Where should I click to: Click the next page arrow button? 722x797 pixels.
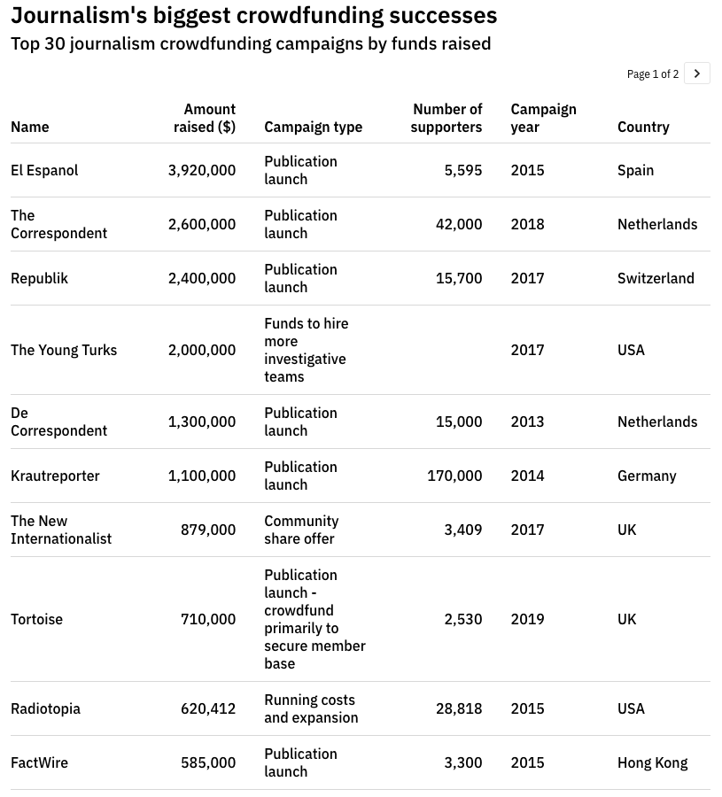(x=697, y=74)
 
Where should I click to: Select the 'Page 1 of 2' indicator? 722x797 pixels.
(x=652, y=74)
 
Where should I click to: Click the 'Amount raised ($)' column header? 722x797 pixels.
(x=205, y=118)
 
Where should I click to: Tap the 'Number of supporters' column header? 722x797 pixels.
(x=446, y=118)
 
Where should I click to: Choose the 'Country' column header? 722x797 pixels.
(x=643, y=127)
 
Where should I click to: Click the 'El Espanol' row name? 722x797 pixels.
(x=44, y=170)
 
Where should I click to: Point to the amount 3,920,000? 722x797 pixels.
(x=202, y=170)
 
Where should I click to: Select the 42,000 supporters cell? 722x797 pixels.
(x=459, y=224)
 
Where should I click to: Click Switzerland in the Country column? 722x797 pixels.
(x=656, y=278)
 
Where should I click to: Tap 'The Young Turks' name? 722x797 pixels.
(x=64, y=350)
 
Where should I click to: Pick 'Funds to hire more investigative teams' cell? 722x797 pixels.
(x=307, y=350)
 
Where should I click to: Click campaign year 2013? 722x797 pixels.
(x=527, y=422)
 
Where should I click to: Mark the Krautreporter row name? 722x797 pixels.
(x=55, y=476)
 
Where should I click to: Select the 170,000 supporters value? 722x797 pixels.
(x=454, y=476)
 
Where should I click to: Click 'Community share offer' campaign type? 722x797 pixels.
(x=301, y=530)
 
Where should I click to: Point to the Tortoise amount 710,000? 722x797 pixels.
(x=208, y=619)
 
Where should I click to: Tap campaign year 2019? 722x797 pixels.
(x=527, y=619)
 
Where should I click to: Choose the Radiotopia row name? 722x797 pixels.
(x=45, y=708)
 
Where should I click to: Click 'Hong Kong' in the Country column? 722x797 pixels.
(x=652, y=762)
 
